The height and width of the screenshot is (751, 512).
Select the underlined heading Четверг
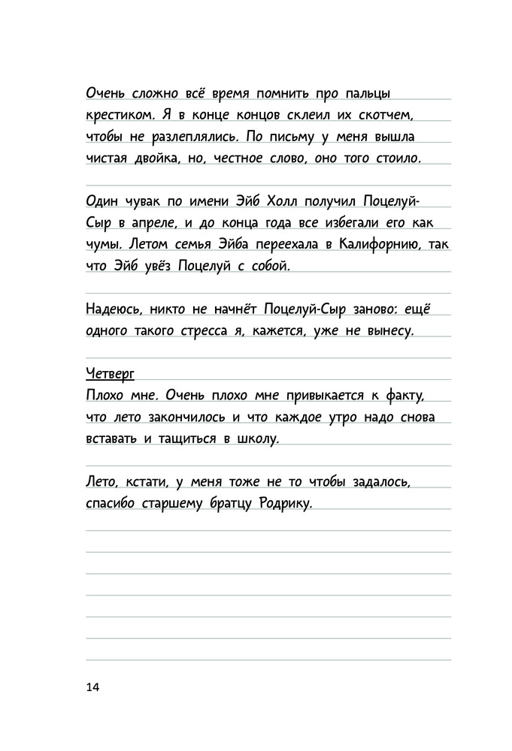[x=111, y=373]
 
